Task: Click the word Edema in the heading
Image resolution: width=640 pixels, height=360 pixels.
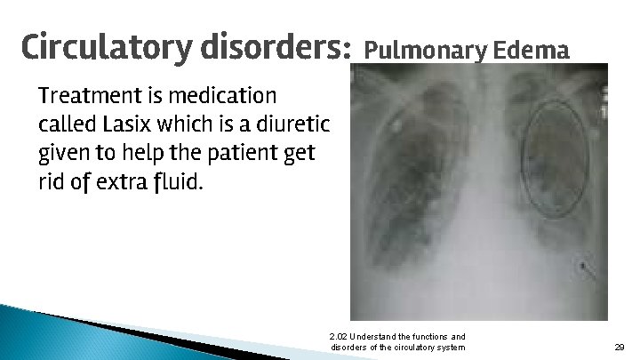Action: [531, 51]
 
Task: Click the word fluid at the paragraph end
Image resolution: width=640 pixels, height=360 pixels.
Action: [179, 183]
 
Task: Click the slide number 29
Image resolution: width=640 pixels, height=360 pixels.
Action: [620, 347]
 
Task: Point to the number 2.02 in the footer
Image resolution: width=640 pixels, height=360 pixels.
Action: [338, 336]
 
